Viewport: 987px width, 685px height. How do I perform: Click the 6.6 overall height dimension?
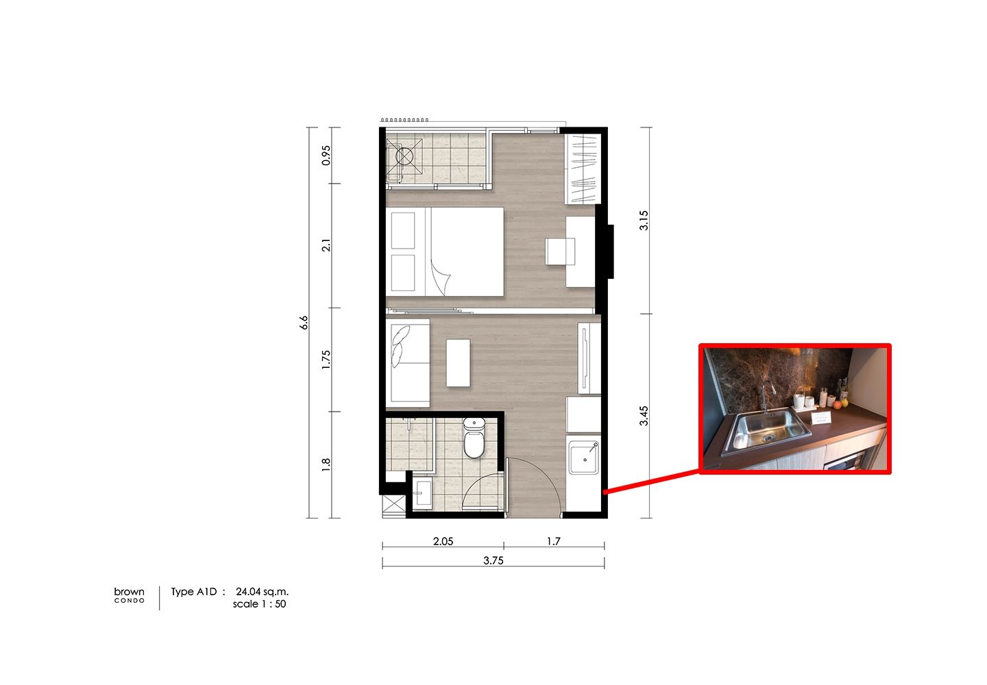(304, 323)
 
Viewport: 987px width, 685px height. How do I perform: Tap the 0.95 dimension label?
(326, 155)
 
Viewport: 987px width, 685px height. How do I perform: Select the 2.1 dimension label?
(326, 245)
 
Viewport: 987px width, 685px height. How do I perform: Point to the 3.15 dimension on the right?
(644, 220)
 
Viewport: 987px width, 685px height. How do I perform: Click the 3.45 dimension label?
(644, 416)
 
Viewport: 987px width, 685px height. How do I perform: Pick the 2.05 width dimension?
(443, 541)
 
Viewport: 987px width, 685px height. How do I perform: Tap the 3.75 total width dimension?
(493, 560)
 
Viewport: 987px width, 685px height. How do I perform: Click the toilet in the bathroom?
(474, 438)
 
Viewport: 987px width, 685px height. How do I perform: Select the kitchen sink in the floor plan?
(584, 458)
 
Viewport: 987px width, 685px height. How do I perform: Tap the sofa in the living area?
(408, 363)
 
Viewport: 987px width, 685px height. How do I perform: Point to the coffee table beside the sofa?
(459, 363)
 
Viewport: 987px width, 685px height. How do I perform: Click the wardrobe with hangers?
(583, 169)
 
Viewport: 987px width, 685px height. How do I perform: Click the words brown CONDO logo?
(129, 595)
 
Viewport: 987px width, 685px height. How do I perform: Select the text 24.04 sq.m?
(262, 592)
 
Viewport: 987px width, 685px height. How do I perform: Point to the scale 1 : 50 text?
(260, 604)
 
